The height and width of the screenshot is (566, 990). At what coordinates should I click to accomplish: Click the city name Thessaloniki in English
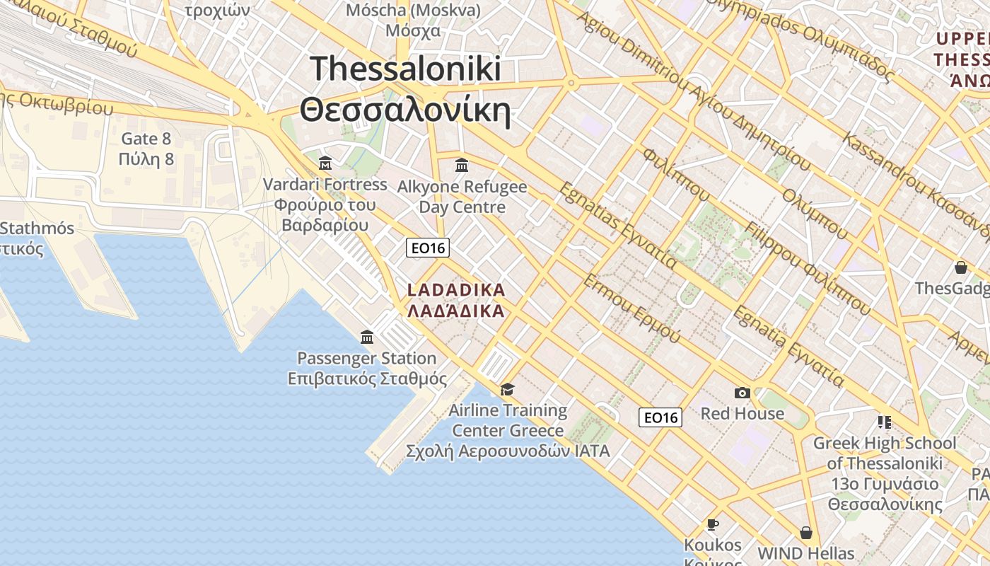[406, 69]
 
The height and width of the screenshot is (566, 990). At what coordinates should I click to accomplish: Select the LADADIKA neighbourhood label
[457, 290]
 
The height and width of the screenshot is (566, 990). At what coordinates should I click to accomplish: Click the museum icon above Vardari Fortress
[325, 163]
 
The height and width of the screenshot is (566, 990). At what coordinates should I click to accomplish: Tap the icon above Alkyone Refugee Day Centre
[462, 165]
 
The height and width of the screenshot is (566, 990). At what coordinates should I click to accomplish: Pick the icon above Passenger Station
[366, 337]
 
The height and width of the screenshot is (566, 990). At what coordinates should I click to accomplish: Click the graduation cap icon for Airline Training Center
[507, 389]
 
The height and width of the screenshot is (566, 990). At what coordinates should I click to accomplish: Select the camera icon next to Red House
[742, 393]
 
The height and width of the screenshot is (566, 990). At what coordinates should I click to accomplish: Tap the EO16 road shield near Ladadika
[428, 248]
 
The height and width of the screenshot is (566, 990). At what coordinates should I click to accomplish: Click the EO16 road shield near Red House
[660, 417]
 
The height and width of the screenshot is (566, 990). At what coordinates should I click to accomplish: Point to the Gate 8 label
[146, 139]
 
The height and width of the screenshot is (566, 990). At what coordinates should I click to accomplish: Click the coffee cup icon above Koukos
[712, 524]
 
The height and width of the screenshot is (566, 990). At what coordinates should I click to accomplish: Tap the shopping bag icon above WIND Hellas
[805, 532]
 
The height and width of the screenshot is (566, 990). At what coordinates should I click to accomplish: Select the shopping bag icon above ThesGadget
[960, 267]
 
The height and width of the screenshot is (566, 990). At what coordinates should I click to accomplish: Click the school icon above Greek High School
[884, 422]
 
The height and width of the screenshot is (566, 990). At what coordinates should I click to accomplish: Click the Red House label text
[742, 414]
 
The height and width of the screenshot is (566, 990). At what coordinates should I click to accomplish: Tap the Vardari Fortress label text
[325, 185]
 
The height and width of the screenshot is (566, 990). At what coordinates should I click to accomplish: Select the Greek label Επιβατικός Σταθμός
[367, 379]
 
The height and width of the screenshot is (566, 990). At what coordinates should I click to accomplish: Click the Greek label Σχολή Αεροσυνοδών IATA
[508, 451]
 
